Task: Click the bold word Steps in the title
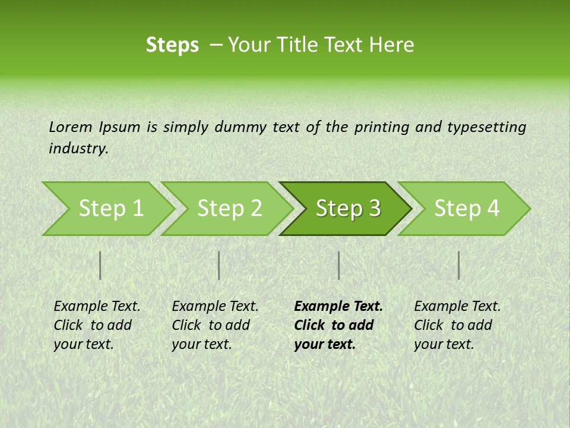tap(172, 45)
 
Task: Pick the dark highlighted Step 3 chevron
tap(348, 209)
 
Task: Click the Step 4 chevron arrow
tap(467, 209)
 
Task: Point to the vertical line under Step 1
tap(100, 265)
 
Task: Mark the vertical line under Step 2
tap(219, 265)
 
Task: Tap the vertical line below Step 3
tap(338, 265)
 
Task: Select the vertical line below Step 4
tap(458, 265)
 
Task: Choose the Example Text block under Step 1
tap(97, 325)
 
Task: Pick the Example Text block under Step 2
tap(215, 325)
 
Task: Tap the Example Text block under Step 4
tap(457, 325)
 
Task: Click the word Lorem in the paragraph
tap(70, 127)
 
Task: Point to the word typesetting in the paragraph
tap(486, 127)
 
